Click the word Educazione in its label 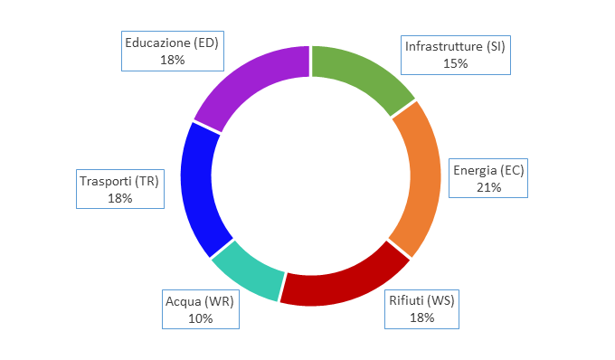(x=157, y=43)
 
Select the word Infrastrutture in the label (x=444, y=46)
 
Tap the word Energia (x=475, y=171)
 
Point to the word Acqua (x=184, y=301)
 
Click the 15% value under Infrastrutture (x=455, y=63)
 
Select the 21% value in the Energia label (x=488, y=187)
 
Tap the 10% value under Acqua (x=201, y=318)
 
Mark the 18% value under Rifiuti (x=422, y=317)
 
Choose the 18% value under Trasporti (x=120, y=198)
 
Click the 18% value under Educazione (x=172, y=60)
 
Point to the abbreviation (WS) (x=440, y=300)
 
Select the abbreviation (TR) (x=147, y=181)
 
